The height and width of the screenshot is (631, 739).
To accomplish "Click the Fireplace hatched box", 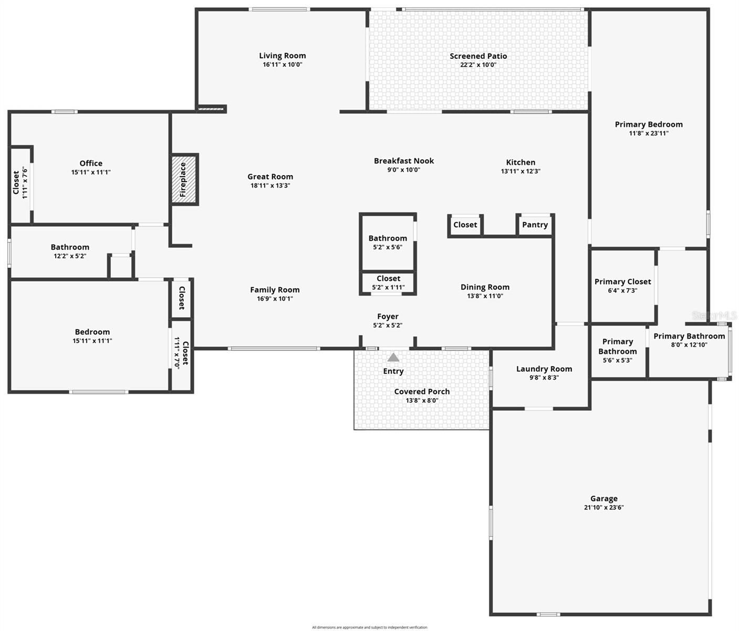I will tap(184, 179).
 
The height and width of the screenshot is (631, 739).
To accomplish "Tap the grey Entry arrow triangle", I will tap(393, 358).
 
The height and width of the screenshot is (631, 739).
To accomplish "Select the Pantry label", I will tap(535, 225).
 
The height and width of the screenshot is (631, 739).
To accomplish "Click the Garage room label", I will tap(603, 498).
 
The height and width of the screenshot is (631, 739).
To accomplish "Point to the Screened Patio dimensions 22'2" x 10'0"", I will tap(478, 65).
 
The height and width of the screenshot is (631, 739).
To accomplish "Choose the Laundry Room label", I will tap(544, 369).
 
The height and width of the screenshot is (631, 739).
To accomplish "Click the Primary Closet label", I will tap(622, 282).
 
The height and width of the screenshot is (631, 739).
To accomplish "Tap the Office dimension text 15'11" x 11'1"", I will tap(91, 172).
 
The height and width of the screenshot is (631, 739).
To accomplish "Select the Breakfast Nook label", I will tap(404, 161).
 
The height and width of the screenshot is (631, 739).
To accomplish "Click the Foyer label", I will tap(388, 317).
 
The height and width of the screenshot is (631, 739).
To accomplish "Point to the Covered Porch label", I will tap(422, 391).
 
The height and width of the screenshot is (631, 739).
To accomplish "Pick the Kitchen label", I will tap(521, 162).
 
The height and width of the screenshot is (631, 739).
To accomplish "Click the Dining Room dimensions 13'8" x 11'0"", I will tap(485, 296).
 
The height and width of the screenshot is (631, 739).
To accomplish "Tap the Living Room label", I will tap(282, 56).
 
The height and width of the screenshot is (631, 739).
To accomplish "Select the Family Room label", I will tap(275, 290).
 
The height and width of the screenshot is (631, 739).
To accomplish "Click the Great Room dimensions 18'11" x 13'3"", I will tap(270, 186).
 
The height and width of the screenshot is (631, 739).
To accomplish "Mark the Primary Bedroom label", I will tap(649, 125).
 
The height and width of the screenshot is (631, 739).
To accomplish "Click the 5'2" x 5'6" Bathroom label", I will tap(388, 238).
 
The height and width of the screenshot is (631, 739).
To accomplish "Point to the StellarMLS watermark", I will tap(714, 315).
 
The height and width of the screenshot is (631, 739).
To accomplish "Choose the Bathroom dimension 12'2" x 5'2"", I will tap(70, 256).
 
